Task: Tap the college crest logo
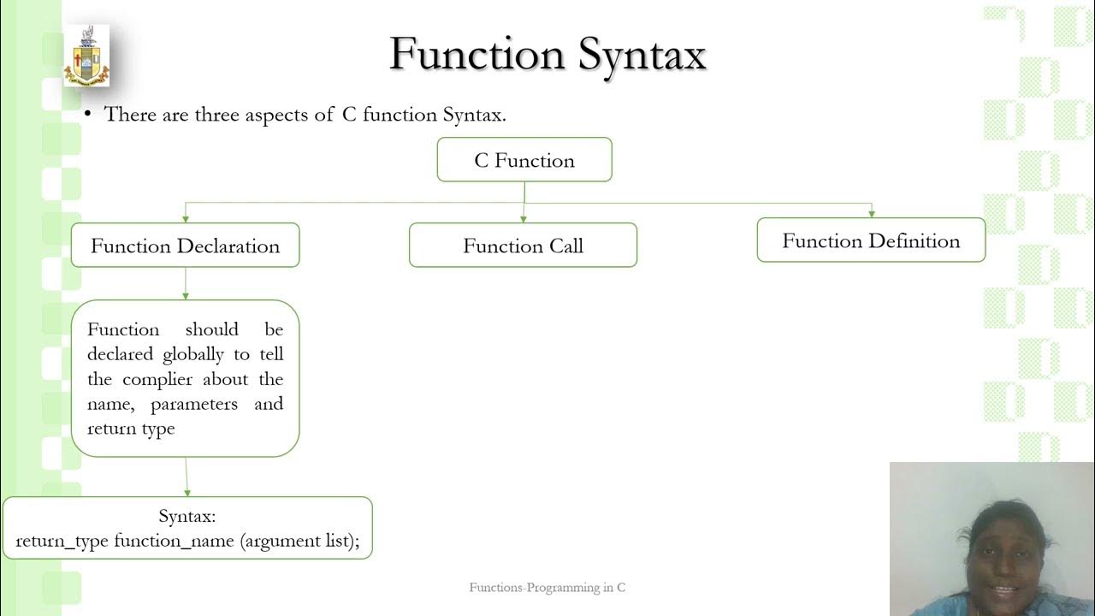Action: pos(86,56)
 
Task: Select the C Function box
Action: pos(524,160)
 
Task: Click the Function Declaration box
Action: pos(185,246)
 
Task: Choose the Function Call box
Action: pos(523,246)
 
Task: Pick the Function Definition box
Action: pos(871,240)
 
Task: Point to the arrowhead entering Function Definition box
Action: pos(871,214)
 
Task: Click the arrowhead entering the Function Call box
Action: pos(524,219)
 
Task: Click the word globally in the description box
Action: pos(193,354)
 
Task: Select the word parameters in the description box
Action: pos(194,404)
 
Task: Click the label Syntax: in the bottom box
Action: pos(187,516)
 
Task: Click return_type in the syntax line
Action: pos(62,541)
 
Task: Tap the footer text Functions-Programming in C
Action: pos(547,587)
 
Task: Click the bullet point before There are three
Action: pos(87,115)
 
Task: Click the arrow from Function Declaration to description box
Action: pos(186,284)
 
